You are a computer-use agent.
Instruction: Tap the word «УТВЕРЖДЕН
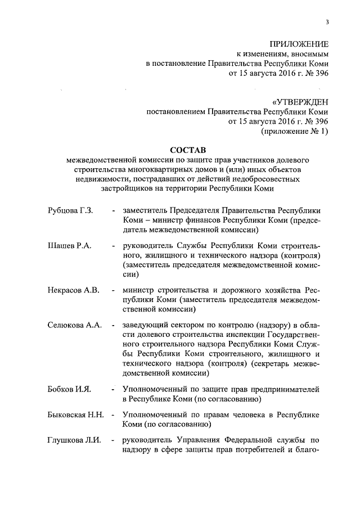[300, 102]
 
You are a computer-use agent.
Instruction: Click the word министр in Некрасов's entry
[138, 290]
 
